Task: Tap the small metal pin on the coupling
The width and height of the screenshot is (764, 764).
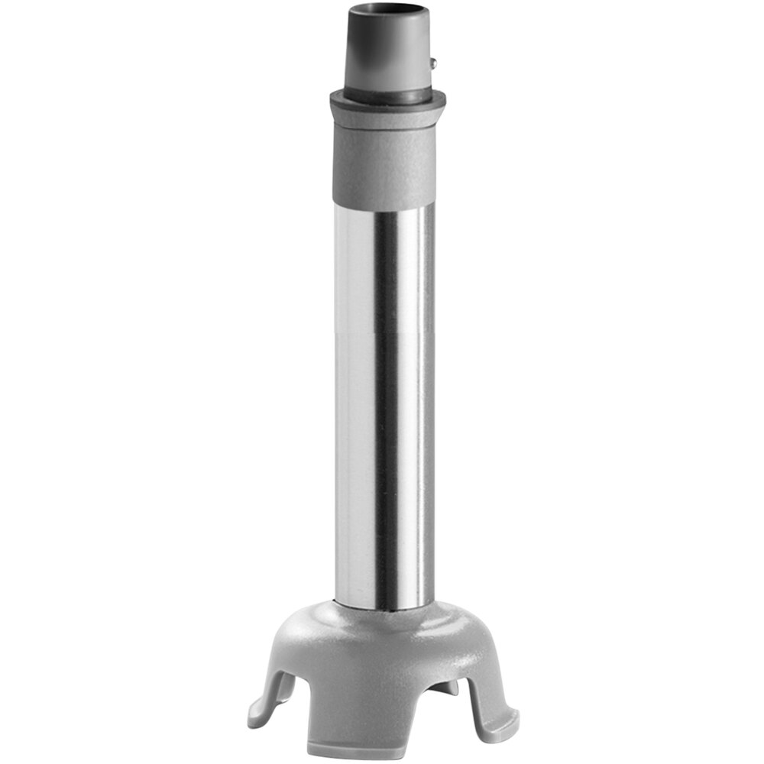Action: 434,64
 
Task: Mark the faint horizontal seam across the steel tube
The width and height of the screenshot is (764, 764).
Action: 382,334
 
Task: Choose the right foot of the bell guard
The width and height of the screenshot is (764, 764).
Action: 500,714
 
